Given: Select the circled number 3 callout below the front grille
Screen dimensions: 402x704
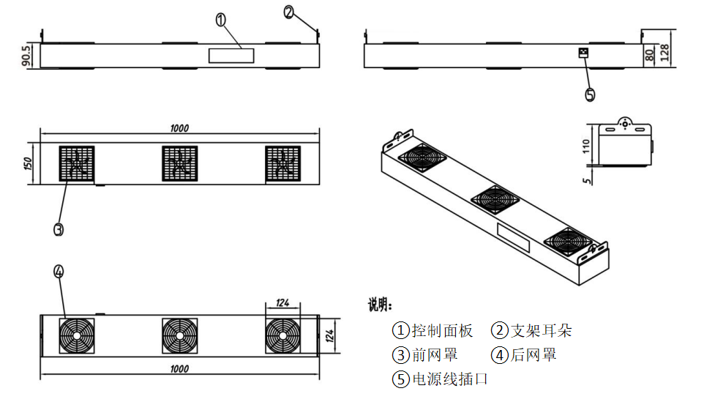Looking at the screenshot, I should tap(59, 229).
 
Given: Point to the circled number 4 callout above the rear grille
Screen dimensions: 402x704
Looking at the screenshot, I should tap(59, 272).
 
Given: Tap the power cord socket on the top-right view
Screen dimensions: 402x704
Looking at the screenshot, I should tap(583, 53).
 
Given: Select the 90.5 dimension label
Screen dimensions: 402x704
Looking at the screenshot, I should tap(26, 56).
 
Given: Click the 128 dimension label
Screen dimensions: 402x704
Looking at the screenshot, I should tap(664, 53).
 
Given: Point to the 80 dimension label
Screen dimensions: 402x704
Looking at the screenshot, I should tap(649, 56).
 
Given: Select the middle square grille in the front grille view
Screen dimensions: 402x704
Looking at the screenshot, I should tap(179, 163).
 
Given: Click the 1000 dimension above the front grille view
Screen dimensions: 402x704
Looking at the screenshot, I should tap(179, 128).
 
